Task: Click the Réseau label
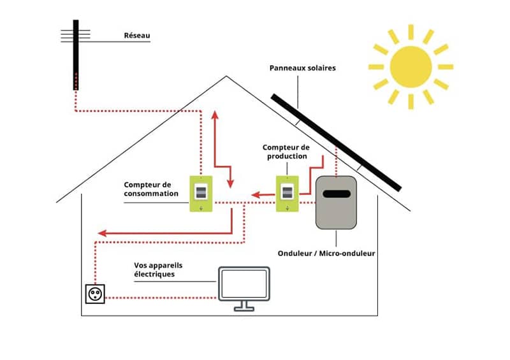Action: click(136, 36)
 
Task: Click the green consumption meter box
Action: click(201, 194)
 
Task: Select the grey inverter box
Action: click(337, 202)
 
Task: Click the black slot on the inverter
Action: click(337, 192)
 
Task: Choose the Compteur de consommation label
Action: click(151, 189)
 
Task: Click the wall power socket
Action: click(94, 294)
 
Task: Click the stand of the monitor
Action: click(244, 306)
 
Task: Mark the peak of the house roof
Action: click(226, 77)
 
